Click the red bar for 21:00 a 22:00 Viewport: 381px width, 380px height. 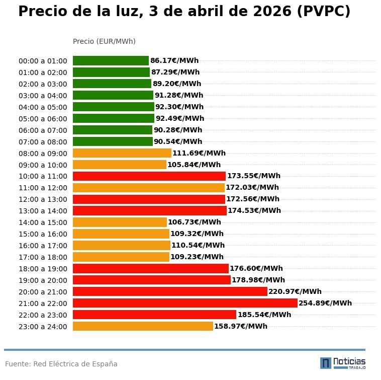(x=185, y=303)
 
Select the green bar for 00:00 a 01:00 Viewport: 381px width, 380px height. (x=111, y=61)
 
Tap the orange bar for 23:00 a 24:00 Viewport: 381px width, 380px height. (x=143, y=326)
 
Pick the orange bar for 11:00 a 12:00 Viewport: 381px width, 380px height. (x=148, y=188)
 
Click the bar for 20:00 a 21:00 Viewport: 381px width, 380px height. (x=170, y=291)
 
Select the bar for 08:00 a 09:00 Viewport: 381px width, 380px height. (x=122, y=153)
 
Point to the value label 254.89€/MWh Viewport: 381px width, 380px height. (x=325, y=303)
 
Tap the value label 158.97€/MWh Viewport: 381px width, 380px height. (x=241, y=326)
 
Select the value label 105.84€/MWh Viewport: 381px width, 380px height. (x=194, y=165)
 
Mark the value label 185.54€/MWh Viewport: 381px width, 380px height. (x=264, y=315)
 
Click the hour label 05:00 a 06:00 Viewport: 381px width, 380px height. (x=43, y=119)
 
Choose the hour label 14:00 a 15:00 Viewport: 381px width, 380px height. (x=43, y=222)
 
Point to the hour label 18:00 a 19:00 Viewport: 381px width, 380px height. (x=43, y=269)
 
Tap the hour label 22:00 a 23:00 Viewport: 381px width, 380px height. (x=43, y=315)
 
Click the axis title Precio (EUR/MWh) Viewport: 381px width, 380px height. (x=104, y=41)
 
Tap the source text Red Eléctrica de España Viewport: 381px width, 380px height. (x=75, y=364)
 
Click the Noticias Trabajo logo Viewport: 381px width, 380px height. (x=343, y=363)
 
